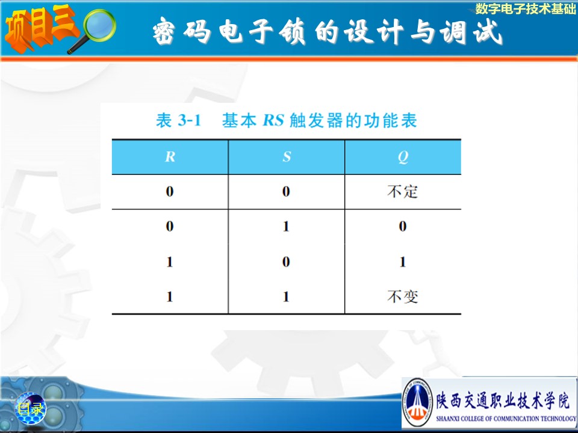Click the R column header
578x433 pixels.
[x=170, y=157]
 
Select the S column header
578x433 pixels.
[x=287, y=157]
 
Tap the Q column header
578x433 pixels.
[x=403, y=157]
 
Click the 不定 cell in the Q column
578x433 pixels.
[x=403, y=191]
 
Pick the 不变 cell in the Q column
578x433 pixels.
[x=403, y=296]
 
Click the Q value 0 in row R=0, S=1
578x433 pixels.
[x=403, y=226]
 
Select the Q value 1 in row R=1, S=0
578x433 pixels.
[x=403, y=262]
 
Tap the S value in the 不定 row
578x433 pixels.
[x=286, y=191]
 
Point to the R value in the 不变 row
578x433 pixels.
[x=170, y=296]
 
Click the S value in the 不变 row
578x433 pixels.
[x=286, y=296]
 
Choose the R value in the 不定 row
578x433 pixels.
[x=170, y=191]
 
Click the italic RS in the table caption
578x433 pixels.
[x=273, y=120]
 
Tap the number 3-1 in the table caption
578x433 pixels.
[x=189, y=120]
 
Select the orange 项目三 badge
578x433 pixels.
[x=40, y=28]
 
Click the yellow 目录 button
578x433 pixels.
[x=31, y=408]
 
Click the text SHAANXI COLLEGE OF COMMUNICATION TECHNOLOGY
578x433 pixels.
[x=506, y=419]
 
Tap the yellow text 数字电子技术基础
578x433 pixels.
[x=525, y=9]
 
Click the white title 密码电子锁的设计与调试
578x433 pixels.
[x=328, y=32]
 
